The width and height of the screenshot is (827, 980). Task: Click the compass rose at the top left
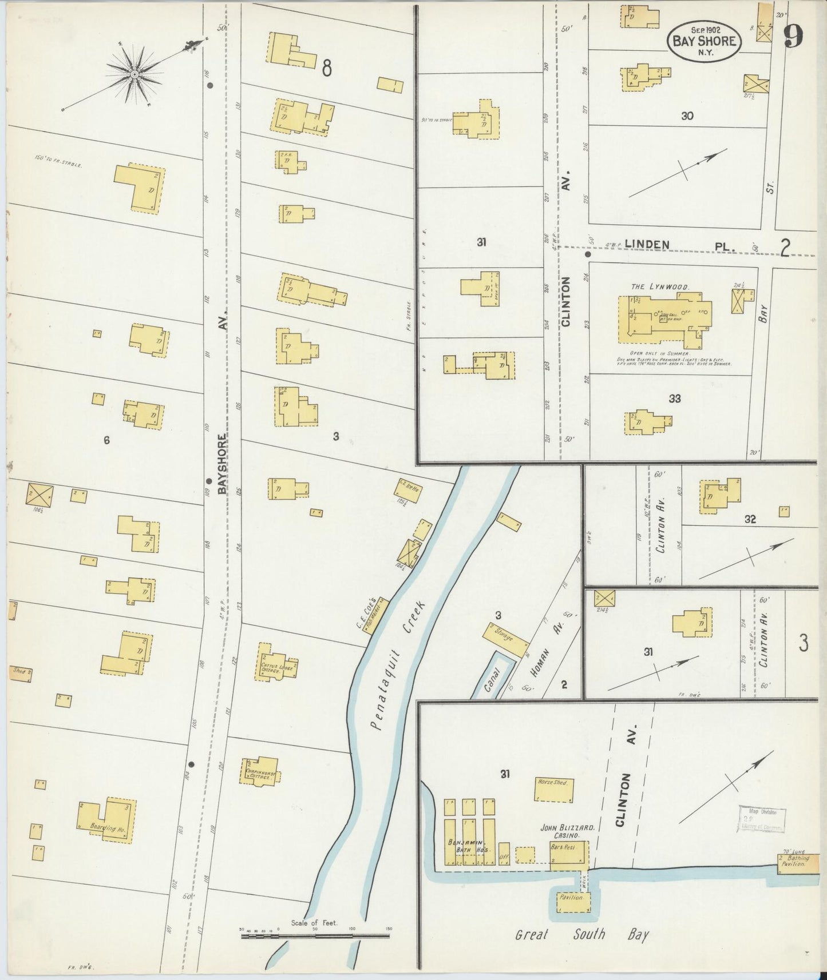click(x=134, y=74)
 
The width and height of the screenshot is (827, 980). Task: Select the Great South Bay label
click(x=582, y=935)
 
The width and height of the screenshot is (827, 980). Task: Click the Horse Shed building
click(x=553, y=790)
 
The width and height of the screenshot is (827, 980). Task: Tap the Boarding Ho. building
click(x=108, y=822)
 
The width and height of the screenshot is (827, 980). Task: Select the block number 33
click(x=674, y=399)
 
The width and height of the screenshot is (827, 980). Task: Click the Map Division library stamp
click(x=762, y=820)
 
